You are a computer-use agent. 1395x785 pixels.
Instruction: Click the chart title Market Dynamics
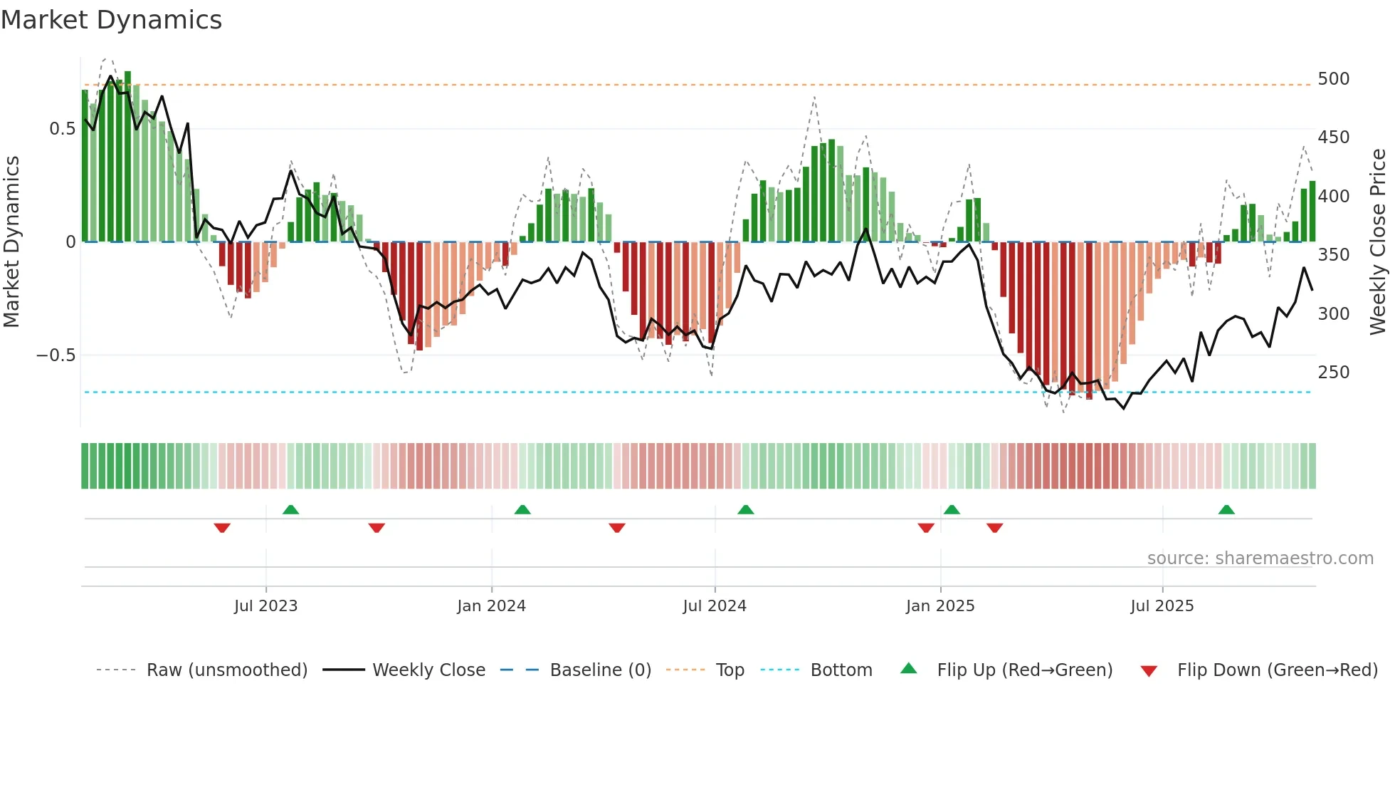(111, 20)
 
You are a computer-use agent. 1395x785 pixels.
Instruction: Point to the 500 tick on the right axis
(1333, 78)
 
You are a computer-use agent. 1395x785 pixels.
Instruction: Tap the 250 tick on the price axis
(1333, 372)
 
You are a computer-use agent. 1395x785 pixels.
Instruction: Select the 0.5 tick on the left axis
(62, 129)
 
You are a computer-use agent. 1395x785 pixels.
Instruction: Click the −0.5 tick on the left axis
(56, 355)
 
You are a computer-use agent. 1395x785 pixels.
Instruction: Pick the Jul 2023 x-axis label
(265, 606)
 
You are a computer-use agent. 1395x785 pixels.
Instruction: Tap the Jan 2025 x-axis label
(939, 606)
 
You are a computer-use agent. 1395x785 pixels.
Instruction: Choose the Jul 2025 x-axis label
(1162, 606)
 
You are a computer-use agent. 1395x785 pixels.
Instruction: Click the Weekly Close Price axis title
(1378, 242)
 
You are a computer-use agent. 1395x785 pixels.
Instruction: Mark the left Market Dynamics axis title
(11, 242)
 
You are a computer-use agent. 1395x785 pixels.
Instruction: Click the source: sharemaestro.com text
(1260, 558)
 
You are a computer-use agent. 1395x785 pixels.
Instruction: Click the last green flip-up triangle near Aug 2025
(1226, 510)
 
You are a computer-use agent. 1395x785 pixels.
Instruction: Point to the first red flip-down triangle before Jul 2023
(222, 528)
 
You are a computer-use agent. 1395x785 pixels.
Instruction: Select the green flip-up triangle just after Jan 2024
(522, 510)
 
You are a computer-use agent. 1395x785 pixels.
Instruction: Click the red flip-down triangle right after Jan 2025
(994, 528)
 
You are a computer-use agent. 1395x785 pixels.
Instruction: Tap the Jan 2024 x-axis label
(491, 606)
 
